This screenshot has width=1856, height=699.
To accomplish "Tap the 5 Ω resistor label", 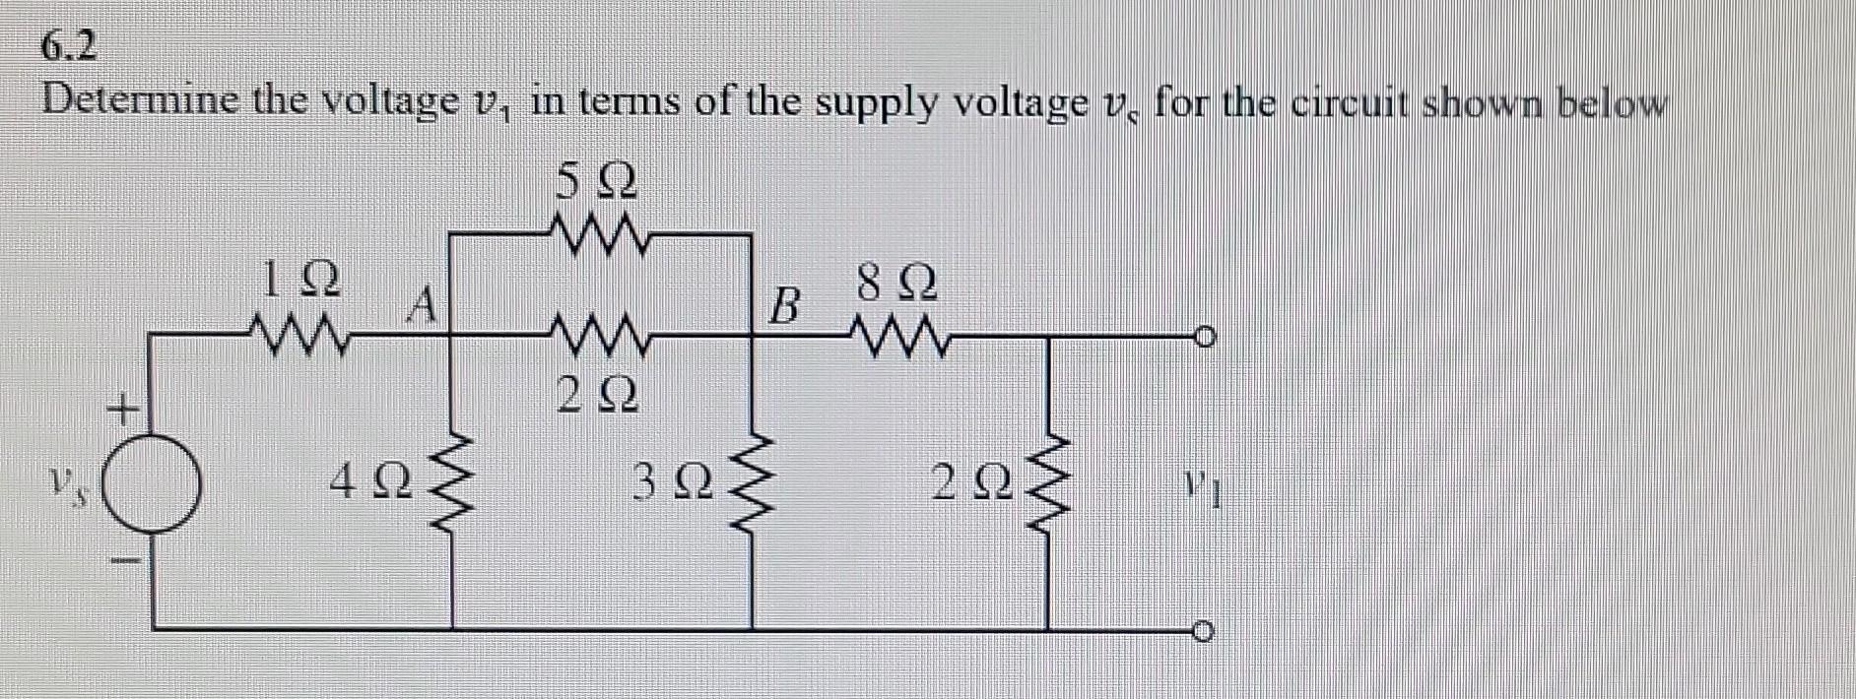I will tap(597, 181).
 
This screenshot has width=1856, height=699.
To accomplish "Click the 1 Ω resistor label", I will tap(301, 280).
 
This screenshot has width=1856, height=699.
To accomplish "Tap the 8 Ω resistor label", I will tap(896, 285).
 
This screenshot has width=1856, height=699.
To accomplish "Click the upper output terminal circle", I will tap(1203, 339).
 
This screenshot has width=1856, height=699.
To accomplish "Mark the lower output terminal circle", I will tap(1203, 630).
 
